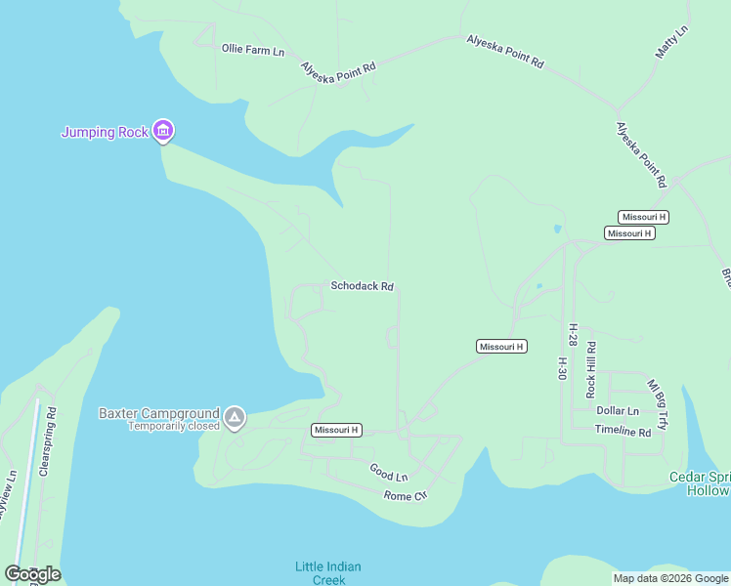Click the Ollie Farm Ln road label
click(x=252, y=49)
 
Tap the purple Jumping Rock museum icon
click(x=163, y=131)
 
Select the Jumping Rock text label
click(x=105, y=132)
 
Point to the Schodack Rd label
click(x=362, y=286)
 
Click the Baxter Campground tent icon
click(x=235, y=419)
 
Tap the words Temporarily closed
click(x=174, y=427)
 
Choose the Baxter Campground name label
click(x=158, y=413)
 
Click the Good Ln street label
click(x=388, y=473)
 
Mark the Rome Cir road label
click(x=406, y=495)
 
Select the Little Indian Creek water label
click(x=328, y=573)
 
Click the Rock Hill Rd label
click(x=590, y=369)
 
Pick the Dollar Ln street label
click(x=618, y=411)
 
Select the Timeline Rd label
click(x=623, y=431)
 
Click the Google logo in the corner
click(x=32, y=574)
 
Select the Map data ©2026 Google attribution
click(x=670, y=578)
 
